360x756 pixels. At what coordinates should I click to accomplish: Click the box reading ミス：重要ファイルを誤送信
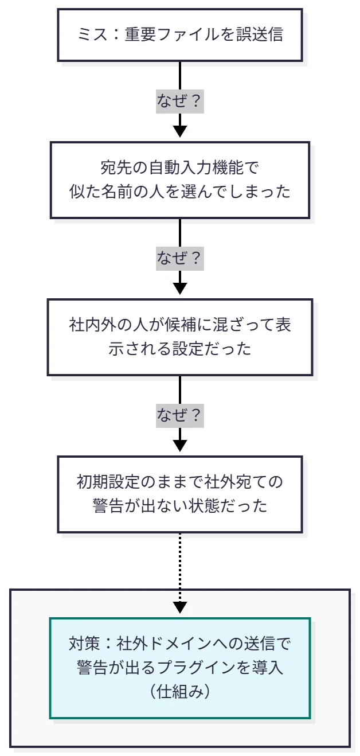tap(180, 35)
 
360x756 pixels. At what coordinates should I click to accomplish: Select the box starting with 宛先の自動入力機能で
tap(180, 180)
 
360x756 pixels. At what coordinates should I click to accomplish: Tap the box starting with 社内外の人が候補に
tap(180, 337)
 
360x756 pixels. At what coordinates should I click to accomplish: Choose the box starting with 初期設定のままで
tap(180, 494)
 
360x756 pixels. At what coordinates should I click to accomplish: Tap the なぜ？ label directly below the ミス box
tap(180, 101)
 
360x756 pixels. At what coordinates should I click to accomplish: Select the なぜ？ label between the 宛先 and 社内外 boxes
tap(180, 258)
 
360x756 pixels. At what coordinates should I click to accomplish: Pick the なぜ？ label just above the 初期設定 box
tap(180, 415)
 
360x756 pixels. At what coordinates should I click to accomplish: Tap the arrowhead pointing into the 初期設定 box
tap(180, 446)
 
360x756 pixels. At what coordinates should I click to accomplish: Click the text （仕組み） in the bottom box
tap(180, 692)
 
